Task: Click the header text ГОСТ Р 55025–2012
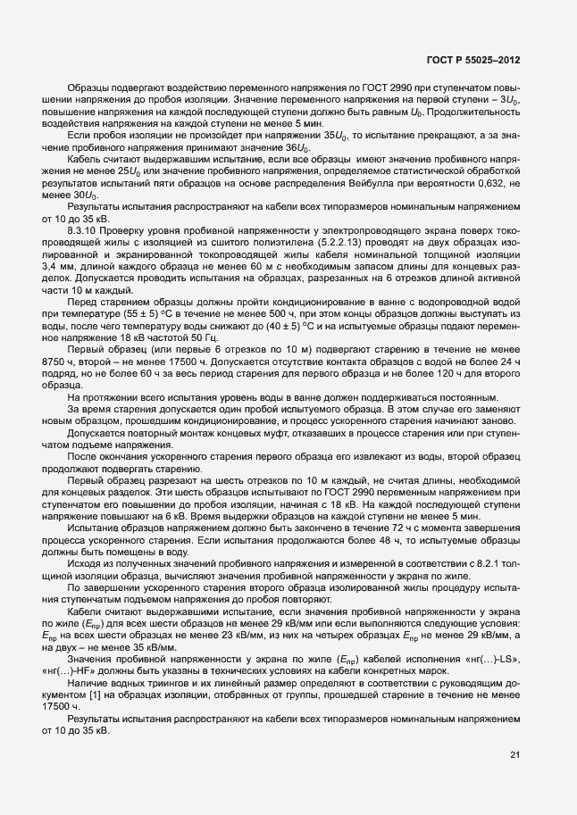pyautogui.click(x=474, y=60)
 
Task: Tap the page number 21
pyautogui.click(x=514, y=755)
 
